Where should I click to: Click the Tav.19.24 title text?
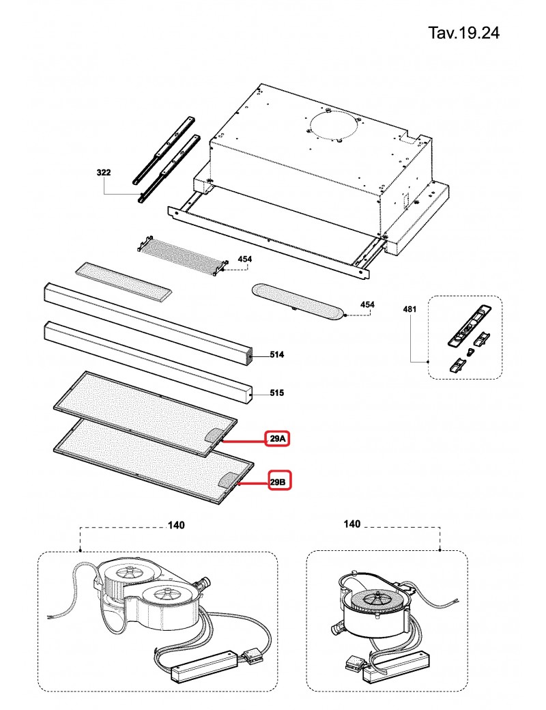(463, 33)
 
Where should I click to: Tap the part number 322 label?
(104, 173)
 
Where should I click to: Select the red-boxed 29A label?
(278, 439)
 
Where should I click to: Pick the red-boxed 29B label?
(278, 483)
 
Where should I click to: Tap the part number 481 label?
(409, 309)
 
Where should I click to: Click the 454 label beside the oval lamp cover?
(367, 304)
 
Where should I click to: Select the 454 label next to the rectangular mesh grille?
(244, 259)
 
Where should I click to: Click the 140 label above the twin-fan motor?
(175, 525)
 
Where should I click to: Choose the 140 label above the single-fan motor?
(352, 524)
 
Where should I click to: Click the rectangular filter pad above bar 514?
(124, 279)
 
